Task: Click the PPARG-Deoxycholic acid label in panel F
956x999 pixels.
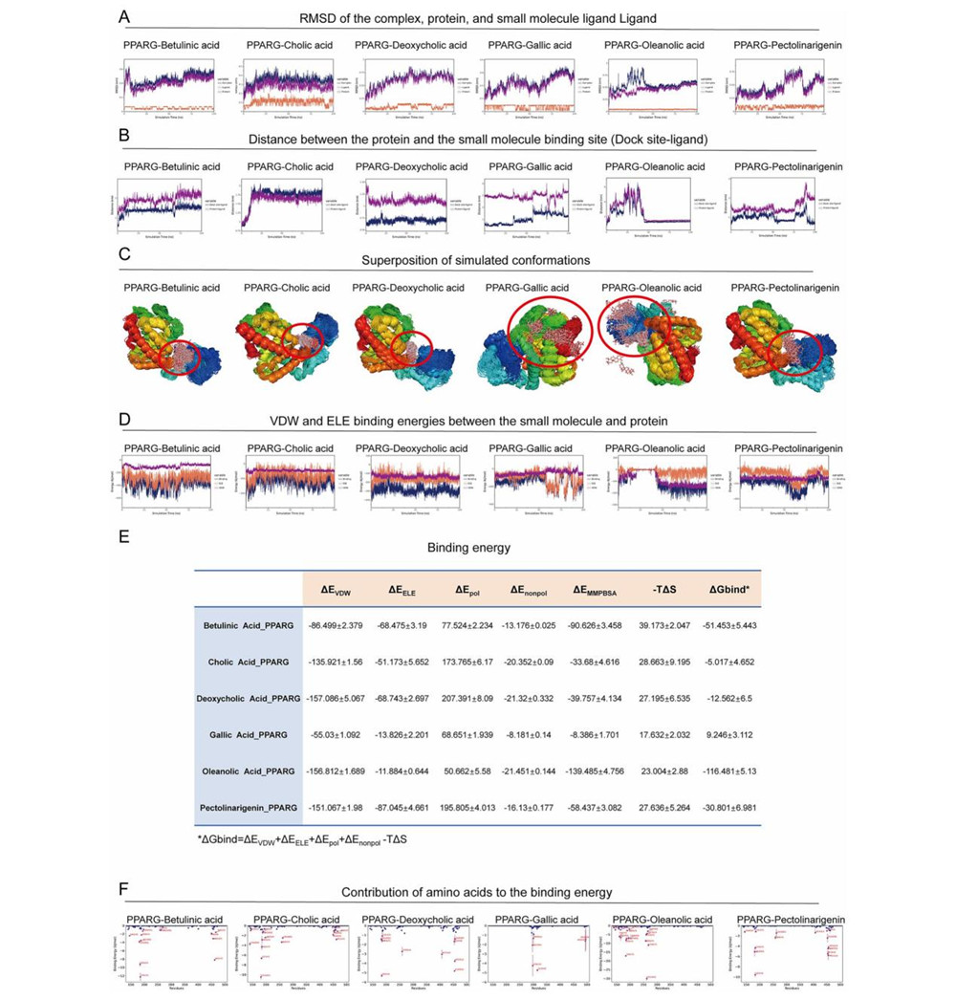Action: (417, 920)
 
